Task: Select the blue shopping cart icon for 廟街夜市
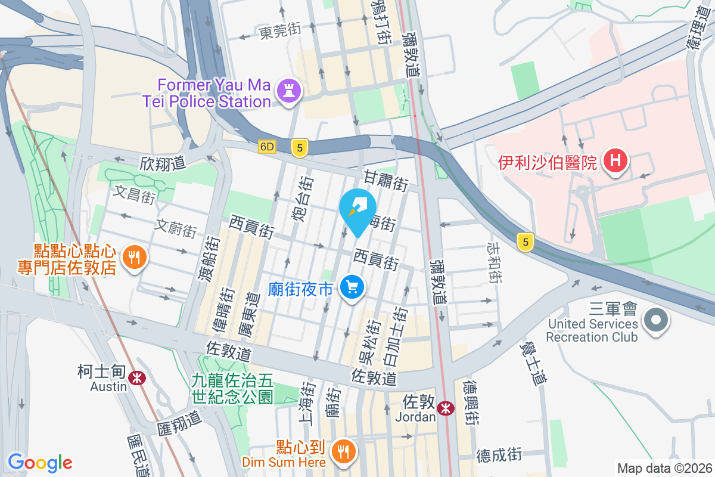click(x=352, y=288)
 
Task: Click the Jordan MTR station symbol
click(x=444, y=408)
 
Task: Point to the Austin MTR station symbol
click(x=138, y=377)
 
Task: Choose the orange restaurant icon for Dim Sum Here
click(x=342, y=451)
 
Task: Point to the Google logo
click(x=40, y=463)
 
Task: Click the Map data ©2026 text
click(x=664, y=468)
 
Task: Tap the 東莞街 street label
click(x=280, y=32)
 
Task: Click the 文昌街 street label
click(x=135, y=194)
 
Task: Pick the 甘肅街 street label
click(x=386, y=179)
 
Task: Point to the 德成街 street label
click(x=499, y=455)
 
